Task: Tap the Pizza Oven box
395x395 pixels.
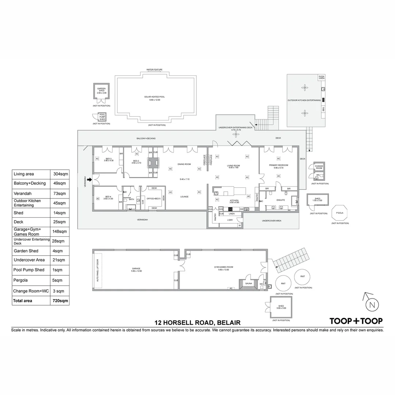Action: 321,77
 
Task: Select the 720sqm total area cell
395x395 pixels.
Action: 60,301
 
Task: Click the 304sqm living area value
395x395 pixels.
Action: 60,174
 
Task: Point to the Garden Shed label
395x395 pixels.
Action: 101,90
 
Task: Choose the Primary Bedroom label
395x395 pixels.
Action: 279,165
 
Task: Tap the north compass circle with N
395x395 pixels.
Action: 372,305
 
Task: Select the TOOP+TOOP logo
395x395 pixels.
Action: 356,321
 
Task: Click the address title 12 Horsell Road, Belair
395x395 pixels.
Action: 197,323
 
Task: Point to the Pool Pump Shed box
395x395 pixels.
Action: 102,117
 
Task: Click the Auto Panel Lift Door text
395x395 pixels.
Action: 98,270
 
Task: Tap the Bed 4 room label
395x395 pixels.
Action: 109,197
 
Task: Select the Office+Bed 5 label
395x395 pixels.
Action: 154,198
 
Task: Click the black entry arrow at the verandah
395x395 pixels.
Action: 90,179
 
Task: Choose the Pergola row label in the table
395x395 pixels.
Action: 21,280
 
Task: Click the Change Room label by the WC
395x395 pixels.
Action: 319,167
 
